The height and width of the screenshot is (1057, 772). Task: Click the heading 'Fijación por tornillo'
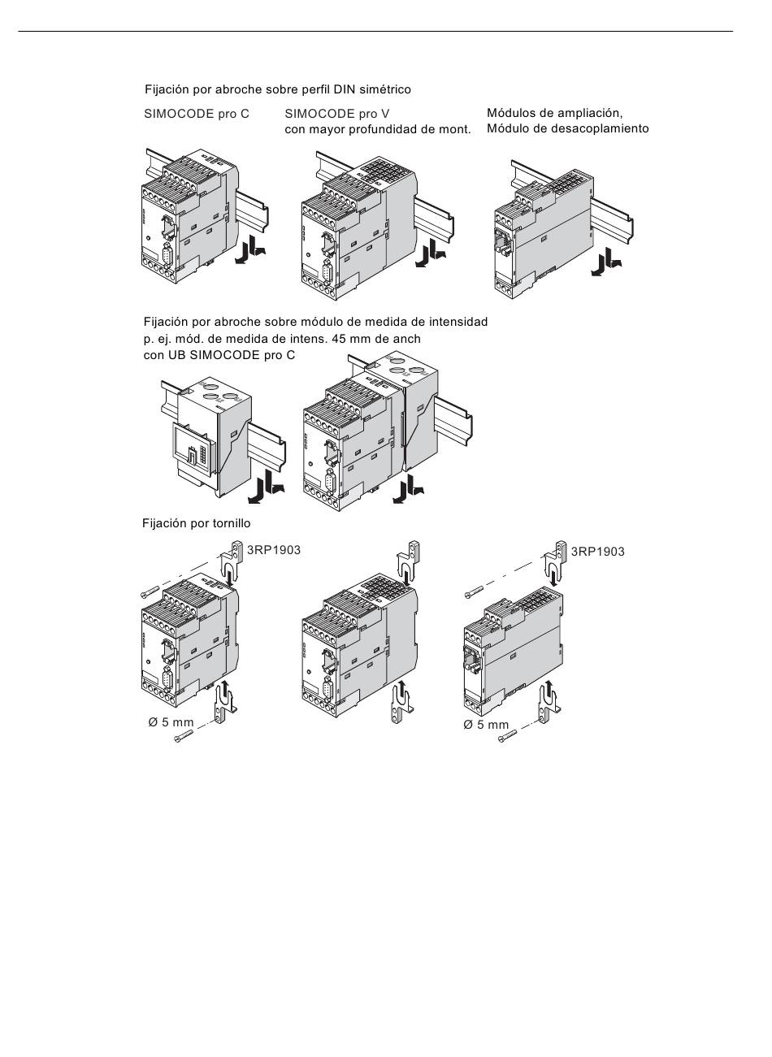[197, 523]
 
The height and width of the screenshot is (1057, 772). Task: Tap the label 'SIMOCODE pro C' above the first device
[197, 114]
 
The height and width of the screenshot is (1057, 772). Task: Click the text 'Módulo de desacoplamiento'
[568, 128]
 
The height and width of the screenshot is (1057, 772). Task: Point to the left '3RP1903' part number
[274, 550]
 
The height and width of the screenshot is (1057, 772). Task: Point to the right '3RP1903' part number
[597, 552]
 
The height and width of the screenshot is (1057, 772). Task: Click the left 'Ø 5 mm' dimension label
[171, 722]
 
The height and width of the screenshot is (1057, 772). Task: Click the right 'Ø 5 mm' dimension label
[486, 725]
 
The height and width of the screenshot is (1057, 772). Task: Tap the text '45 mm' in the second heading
[349, 339]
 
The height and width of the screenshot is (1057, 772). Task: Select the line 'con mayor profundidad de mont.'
[378, 129]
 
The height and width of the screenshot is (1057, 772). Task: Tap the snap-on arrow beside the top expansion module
[606, 262]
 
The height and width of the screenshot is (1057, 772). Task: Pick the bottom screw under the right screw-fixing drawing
[507, 735]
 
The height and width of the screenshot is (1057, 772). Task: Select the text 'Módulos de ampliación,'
[554, 113]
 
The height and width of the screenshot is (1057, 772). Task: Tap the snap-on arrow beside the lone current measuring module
[267, 487]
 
